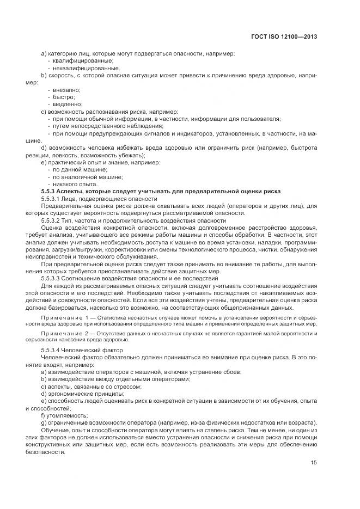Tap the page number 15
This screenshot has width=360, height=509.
coord(314,463)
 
